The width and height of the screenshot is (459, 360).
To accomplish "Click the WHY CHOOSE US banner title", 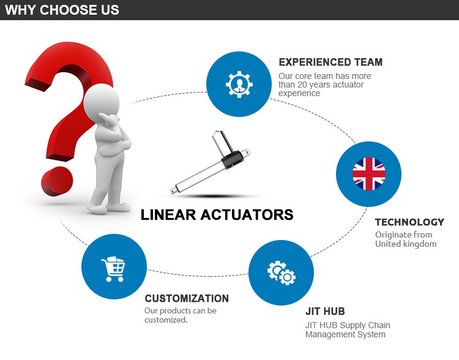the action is (x=62, y=10).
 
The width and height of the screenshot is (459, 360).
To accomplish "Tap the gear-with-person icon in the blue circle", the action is (x=239, y=84).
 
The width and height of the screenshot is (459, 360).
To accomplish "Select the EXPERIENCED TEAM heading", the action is (x=330, y=62).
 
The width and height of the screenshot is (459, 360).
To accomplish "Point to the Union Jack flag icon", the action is (x=369, y=174).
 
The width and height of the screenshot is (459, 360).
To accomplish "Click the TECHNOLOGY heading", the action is (x=409, y=222).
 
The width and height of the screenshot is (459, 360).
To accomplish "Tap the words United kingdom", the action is (x=406, y=244).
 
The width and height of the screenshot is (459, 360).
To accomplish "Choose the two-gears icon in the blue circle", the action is (x=282, y=272).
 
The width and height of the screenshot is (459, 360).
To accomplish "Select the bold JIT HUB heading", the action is (x=325, y=311).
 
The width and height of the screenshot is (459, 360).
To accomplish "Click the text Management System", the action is (x=345, y=334).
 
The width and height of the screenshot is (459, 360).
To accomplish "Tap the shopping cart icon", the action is (x=113, y=269).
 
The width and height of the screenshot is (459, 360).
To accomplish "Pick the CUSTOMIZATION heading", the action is (x=187, y=298).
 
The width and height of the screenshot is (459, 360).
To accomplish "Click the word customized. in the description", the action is (x=166, y=320).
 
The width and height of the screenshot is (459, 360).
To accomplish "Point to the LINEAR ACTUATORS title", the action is (x=217, y=215).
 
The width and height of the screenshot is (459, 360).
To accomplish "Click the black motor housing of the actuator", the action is (x=233, y=159).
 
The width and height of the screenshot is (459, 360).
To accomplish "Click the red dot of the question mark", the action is (x=57, y=181).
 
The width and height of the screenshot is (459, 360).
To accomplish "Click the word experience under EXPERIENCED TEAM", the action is (x=299, y=94).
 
